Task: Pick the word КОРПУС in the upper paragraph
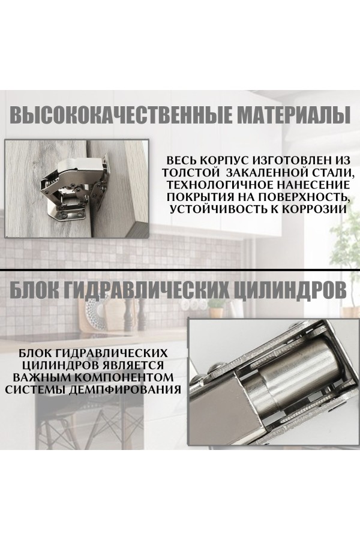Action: tap(223, 161)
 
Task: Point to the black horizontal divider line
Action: tap(180, 269)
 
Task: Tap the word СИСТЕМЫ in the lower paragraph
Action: tap(38, 389)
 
